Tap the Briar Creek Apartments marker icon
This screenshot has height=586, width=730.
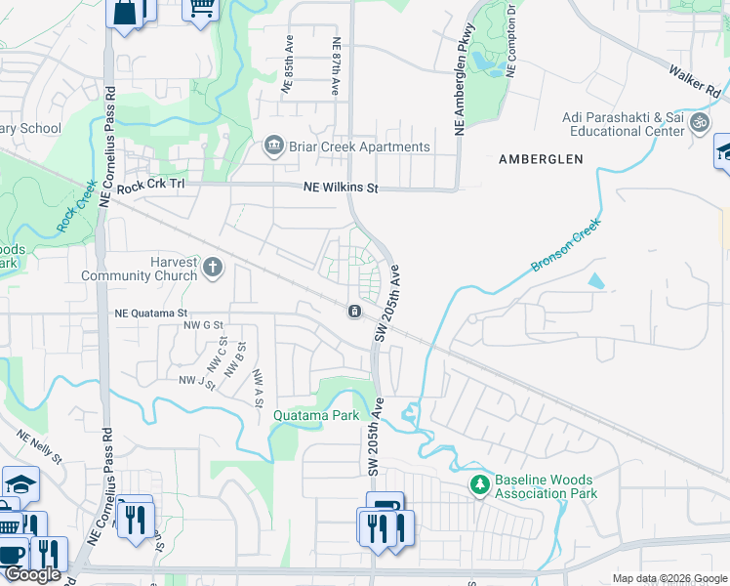274,147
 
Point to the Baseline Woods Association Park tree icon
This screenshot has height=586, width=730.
479,483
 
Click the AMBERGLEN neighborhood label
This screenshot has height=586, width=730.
541,158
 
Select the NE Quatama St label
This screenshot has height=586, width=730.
151,314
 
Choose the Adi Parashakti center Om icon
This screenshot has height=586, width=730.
699,123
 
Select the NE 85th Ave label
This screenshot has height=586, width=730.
288,67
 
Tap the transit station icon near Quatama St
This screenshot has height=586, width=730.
353,312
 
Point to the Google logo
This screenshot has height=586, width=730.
31,574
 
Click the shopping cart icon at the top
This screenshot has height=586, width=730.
201,8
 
